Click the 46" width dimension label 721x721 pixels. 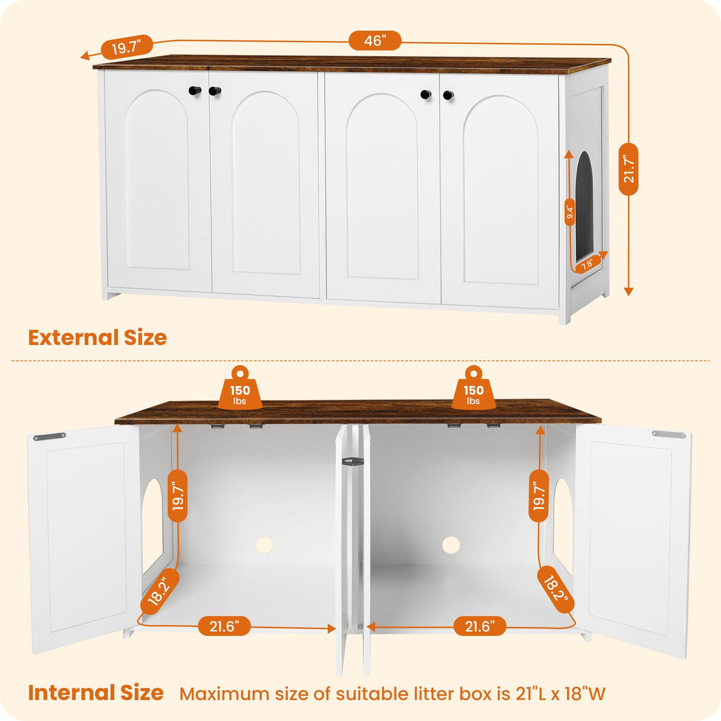(x=375, y=41)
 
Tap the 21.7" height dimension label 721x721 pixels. (x=628, y=169)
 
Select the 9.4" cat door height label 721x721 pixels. (x=570, y=212)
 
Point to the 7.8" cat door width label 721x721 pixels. (x=587, y=265)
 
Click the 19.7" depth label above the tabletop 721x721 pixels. (x=127, y=46)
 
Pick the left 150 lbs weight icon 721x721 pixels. (x=240, y=390)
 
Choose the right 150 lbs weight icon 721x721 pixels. (x=473, y=390)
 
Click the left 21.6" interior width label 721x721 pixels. (x=224, y=626)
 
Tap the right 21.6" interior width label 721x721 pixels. (x=480, y=626)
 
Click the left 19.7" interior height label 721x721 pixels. (x=178, y=496)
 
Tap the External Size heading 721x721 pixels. (x=97, y=337)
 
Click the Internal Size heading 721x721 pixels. (x=96, y=692)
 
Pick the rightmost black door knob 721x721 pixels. (x=448, y=95)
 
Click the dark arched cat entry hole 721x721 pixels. (x=584, y=205)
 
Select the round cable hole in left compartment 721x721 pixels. (x=264, y=545)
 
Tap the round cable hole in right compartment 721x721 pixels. (x=451, y=545)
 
